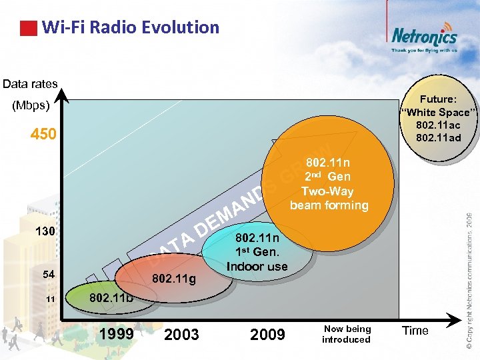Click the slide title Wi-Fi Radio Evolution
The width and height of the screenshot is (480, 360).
(x=130, y=27)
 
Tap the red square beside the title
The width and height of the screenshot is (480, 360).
(x=28, y=28)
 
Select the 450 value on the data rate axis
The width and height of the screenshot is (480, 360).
(x=43, y=135)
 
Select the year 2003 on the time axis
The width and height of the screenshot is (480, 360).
(x=181, y=335)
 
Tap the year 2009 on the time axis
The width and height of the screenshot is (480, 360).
(x=267, y=335)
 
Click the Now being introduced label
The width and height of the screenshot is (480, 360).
(x=346, y=334)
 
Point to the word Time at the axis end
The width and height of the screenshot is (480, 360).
(x=415, y=331)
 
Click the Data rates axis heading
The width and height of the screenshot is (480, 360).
(x=30, y=84)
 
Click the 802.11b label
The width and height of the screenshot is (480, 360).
(x=111, y=297)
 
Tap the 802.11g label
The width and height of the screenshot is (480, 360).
(x=174, y=279)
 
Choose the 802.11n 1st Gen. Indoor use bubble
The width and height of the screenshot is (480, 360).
(x=257, y=251)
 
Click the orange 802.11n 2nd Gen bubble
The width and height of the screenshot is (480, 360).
(x=328, y=183)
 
